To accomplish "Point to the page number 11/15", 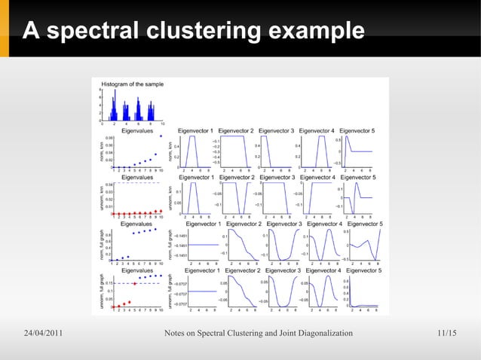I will pyautogui.click(x=447, y=334).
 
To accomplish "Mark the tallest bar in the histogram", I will pyautogui.click(x=139, y=100).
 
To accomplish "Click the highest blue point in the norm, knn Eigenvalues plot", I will pyautogui.click(x=161, y=136).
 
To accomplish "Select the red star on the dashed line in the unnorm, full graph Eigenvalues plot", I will pyautogui.click(x=133, y=284).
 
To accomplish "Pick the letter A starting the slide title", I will pyautogui.click(x=30, y=32).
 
